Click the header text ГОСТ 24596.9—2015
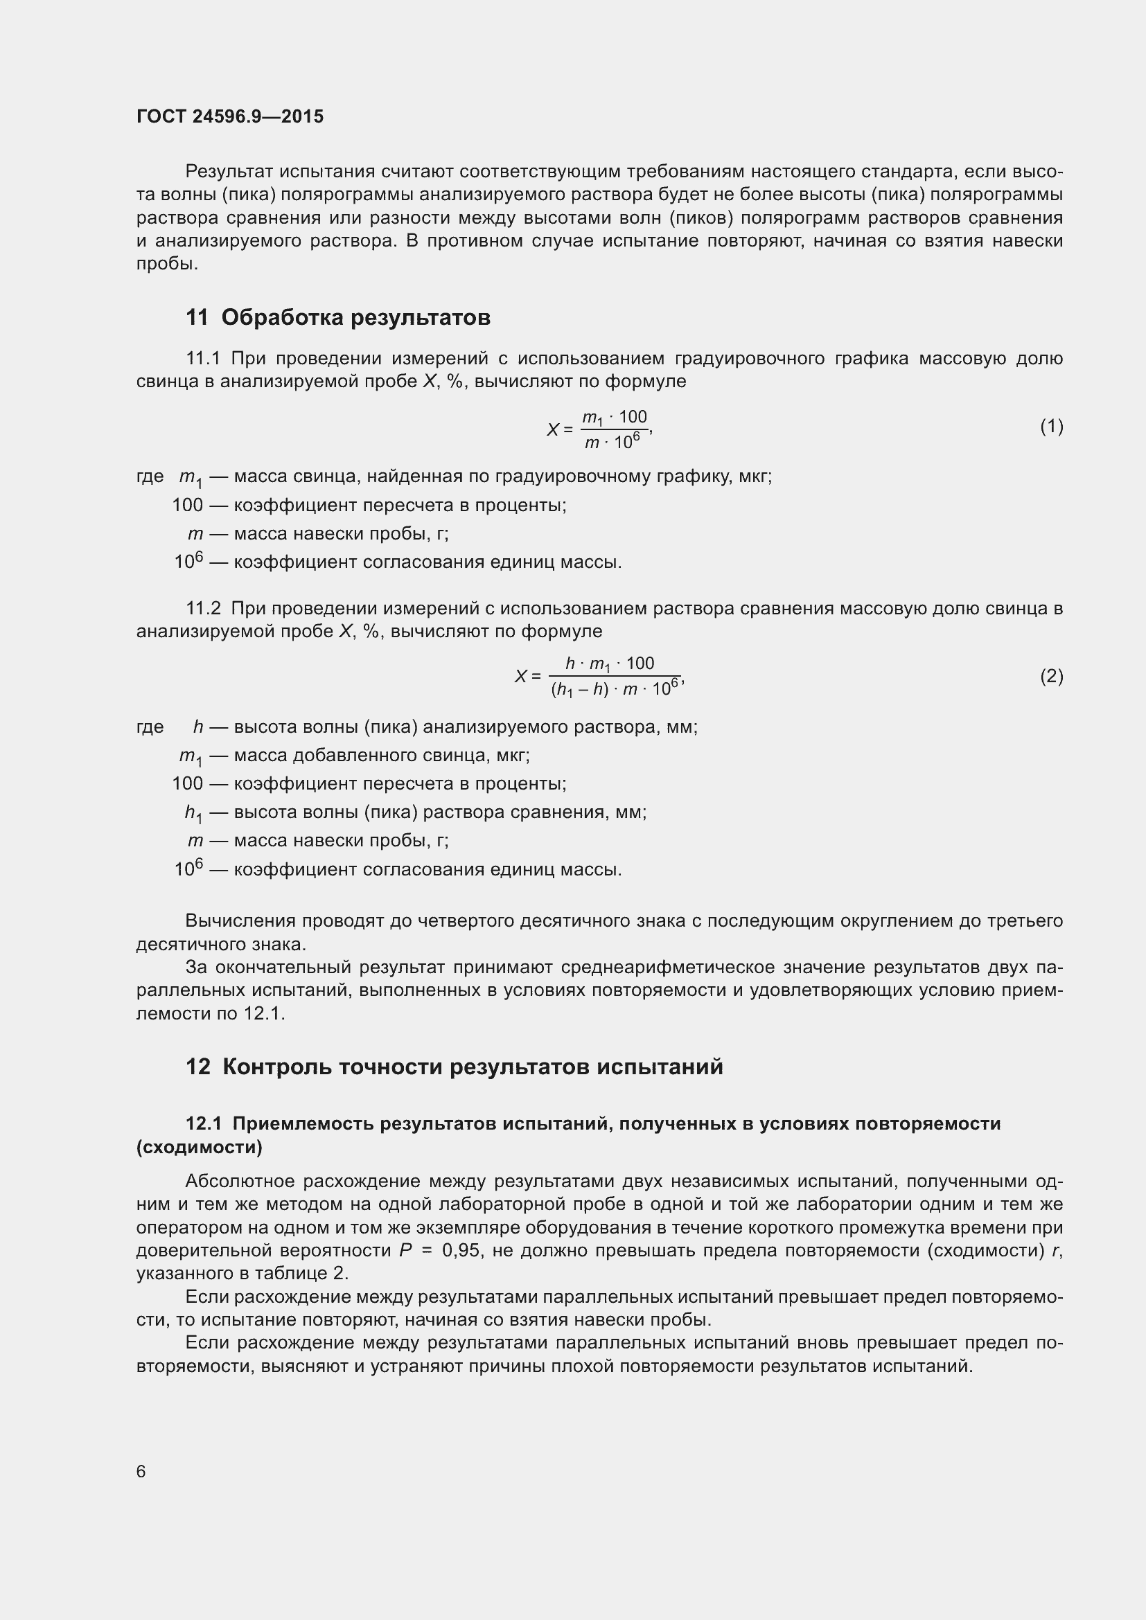coord(230,116)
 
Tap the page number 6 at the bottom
coord(141,1471)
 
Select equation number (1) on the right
coord(1051,427)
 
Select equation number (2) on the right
coord(1051,677)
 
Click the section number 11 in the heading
coord(197,317)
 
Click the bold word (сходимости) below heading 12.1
coord(199,1147)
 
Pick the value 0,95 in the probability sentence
coord(461,1250)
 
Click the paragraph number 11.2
coord(203,608)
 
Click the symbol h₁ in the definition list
coord(193,813)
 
